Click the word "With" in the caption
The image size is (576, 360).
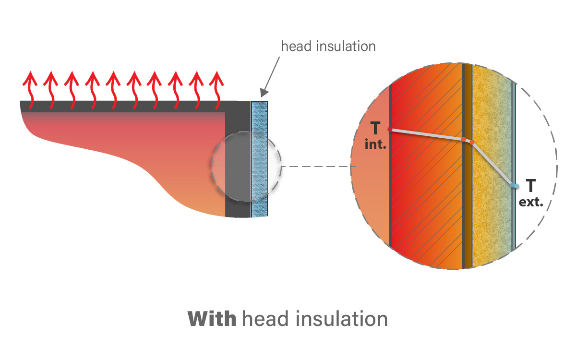[211, 319]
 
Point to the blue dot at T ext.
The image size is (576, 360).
[514, 185]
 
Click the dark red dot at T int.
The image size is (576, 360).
[389, 130]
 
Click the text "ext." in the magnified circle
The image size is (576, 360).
[531, 202]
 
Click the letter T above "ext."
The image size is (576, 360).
[531, 186]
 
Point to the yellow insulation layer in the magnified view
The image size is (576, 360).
[492, 216]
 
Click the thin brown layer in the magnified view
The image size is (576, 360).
[467, 202]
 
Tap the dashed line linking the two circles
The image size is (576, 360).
[317, 167]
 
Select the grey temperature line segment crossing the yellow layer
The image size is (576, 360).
[493, 163]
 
